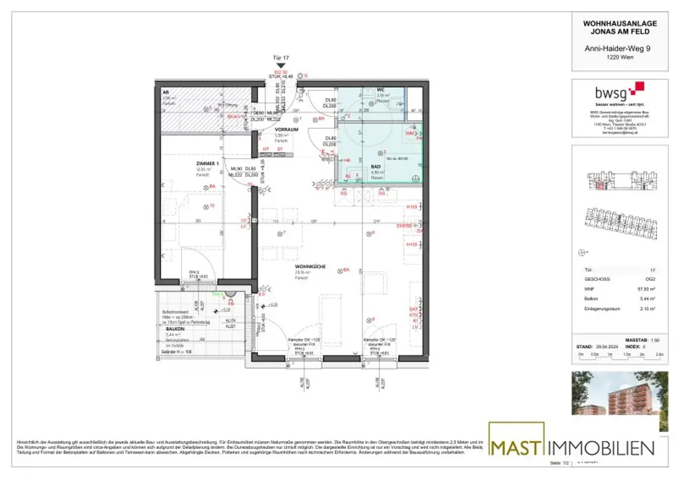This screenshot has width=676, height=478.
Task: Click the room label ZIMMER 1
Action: pos(208,163)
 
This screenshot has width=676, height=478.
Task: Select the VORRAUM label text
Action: pos(287,129)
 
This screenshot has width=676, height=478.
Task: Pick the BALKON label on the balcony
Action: pos(174,329)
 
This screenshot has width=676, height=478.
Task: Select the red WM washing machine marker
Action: pos(409,133)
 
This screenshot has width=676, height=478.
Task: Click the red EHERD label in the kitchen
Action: pos(404,226)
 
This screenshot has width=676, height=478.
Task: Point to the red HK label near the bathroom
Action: pos(347,160)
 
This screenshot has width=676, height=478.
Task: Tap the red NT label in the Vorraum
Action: pos(266,149)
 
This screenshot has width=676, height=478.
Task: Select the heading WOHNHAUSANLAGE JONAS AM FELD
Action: pos(611,28)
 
